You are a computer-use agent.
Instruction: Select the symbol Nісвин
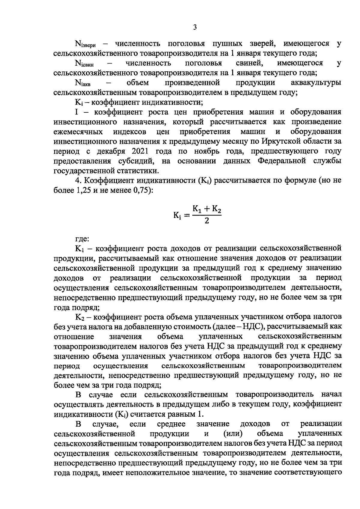(x=84, y=64)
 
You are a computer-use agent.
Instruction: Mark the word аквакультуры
(x=316, y=82)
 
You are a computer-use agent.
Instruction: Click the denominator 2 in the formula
(x=207, y=221)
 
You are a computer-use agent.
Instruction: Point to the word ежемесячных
(x=78, y=132)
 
